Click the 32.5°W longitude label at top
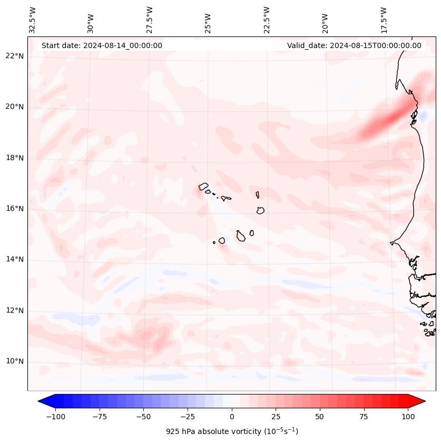33,20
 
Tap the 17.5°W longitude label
384,20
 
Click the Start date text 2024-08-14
102,45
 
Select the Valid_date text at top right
354,45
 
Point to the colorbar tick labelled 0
232,416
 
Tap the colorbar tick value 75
364,416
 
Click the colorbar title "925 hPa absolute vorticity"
232,431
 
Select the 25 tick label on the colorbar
276,416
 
